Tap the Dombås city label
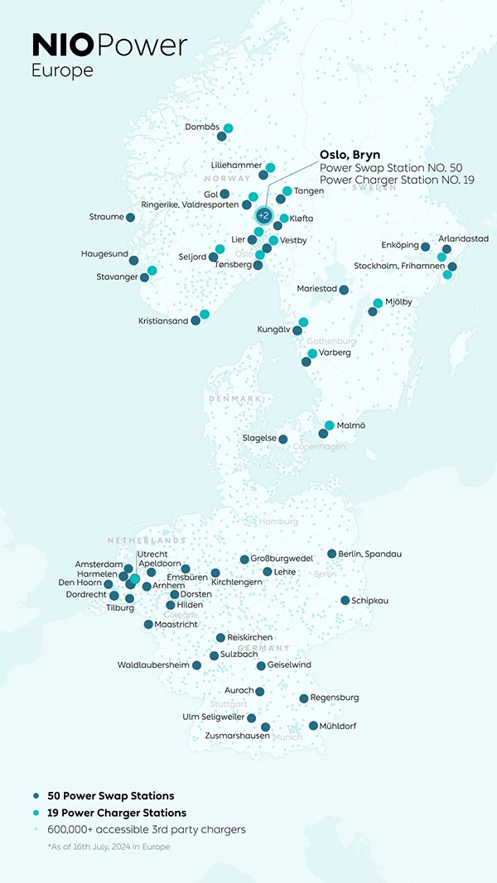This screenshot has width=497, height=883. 202,127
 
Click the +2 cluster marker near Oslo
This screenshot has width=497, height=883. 263,215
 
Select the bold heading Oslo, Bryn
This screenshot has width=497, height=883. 350,154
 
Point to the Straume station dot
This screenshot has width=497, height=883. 130,217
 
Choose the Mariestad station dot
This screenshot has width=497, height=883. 344,290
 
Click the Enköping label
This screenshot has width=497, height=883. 399,246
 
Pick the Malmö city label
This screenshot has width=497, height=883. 351,425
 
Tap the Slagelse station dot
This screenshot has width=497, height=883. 283,439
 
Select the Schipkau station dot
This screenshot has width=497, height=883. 345,600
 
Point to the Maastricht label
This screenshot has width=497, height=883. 176,624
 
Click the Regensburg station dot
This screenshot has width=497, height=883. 304,698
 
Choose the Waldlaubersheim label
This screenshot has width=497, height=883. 153,665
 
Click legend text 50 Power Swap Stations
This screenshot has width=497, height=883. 111,796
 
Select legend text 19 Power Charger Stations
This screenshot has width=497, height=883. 117,813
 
